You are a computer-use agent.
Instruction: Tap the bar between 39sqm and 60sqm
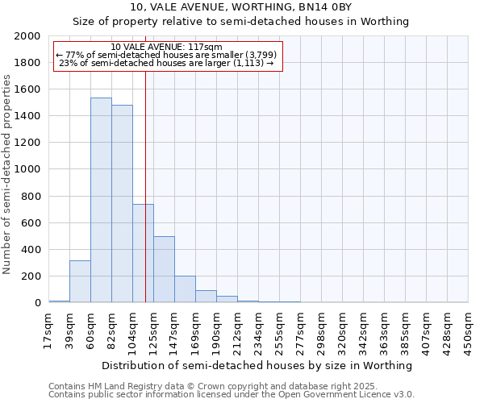click(80, 281)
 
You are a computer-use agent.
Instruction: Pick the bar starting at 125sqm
click(164, 269)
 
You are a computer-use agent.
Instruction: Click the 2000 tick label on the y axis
click(28, 36)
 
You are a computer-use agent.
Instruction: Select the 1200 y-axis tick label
click(28, 143)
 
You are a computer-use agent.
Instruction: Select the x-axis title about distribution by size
click(258, 365)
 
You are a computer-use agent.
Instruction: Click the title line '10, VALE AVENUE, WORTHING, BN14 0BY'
click(241, 7)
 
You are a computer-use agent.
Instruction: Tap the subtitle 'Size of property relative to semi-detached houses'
click(241, 22)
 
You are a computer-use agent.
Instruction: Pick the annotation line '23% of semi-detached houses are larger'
click(167, 63)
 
